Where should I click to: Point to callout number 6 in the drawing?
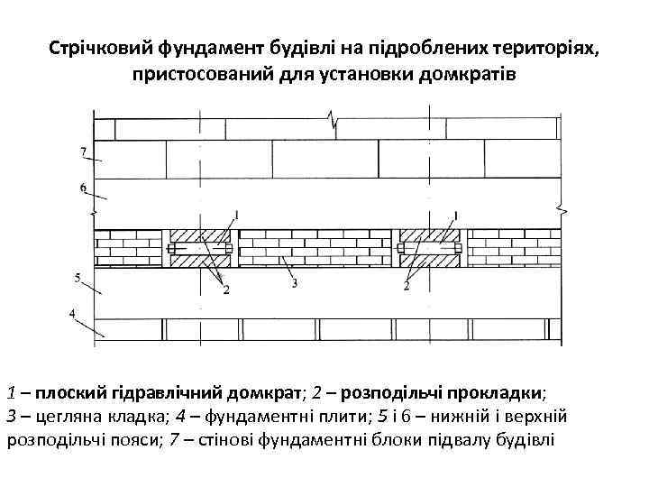click(x=82, y=188)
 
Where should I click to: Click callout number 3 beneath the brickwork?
click(x=296, y=283)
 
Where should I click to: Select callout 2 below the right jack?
click(x=407, y=287)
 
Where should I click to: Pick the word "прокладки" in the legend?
click(x=501, y=393)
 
